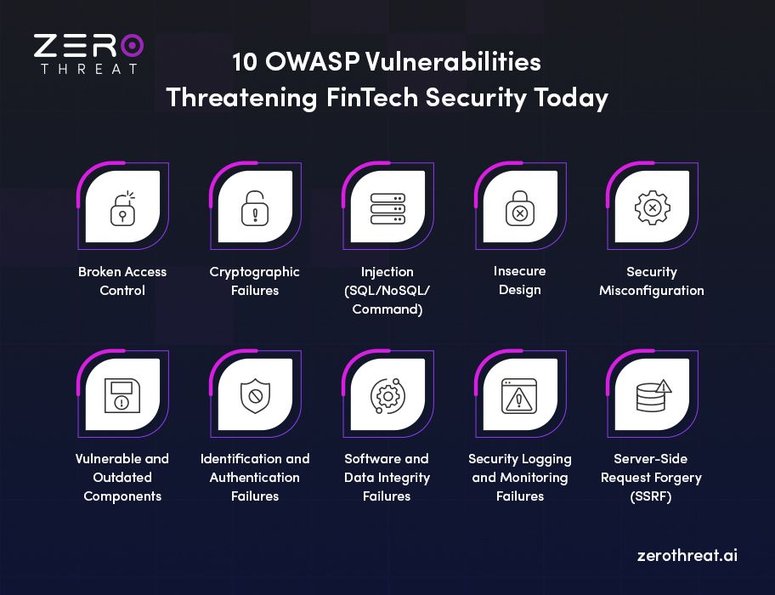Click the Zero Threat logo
(88, 53)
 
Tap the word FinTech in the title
(372, 98)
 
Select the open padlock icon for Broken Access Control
(122, 209)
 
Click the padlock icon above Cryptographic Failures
(255, 209)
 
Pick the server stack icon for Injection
(387, 209)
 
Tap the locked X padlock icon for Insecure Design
(519, 209)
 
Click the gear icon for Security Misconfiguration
(652, 209)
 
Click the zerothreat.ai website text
(687, 556)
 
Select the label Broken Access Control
(122, 281)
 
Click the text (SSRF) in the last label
(651, 496)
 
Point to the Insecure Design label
(519, 280)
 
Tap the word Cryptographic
(255, 272)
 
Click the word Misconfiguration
(652, 291)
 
